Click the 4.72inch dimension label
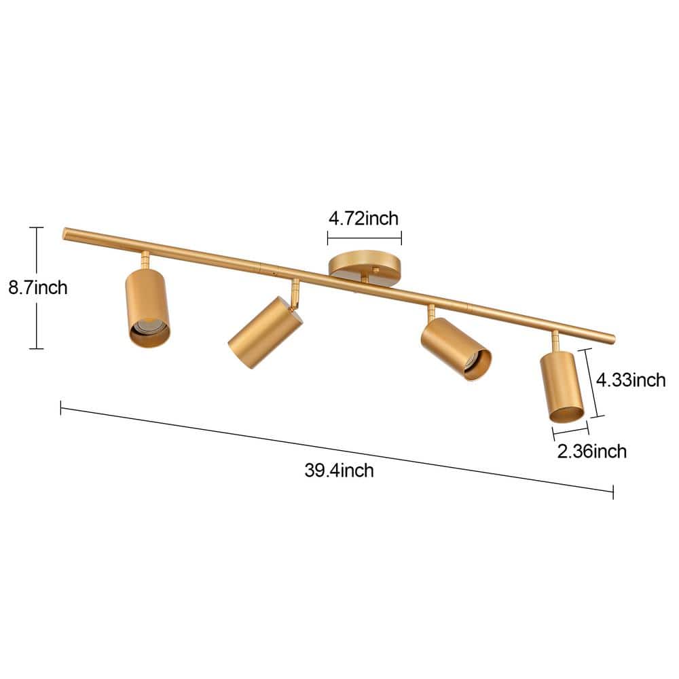click(x=363, y=219)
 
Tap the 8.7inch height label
click(x=38, y=288)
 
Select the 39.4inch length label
click(x=339, y=470)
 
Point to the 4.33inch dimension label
click(x=630, y=380)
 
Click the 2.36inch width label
click(x=591, y=451)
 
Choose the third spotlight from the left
click(x=455, y=348)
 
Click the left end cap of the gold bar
click(x=66, y=232)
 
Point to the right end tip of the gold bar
click(x=612, y=338)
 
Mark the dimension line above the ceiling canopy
click(x=364, y=238)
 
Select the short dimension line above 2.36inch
click(x=570, y=430)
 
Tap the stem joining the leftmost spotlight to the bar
click(x=145, y=259)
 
